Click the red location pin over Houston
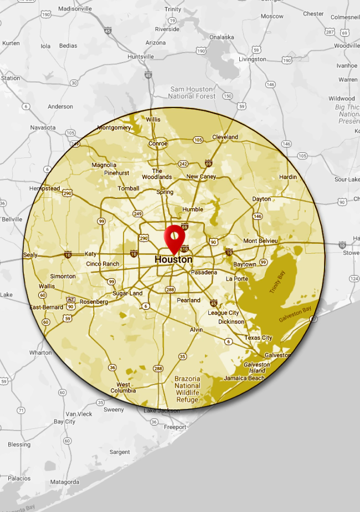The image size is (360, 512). (x=174, y=238)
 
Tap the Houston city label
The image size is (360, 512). (x=173, y=259)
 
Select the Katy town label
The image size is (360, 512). (x=90, y=254)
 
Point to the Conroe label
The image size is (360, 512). (x=158, y=144)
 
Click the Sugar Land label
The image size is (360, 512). (x=127, y=293)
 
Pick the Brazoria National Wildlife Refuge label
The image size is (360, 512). (x=187, y=390)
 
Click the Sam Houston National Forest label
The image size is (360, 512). (x=192, y=93)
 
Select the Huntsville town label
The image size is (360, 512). (x=141, y=57)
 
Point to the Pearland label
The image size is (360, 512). (x=189, y=300)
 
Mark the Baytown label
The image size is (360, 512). (x=245, y=264)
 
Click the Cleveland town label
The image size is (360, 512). (x=225, y=137)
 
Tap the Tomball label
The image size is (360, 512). (x=128, y=188)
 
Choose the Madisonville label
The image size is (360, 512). (x=75, y=9)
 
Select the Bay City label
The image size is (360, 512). (x=64, y=422)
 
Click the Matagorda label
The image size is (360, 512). (x=65, y=482)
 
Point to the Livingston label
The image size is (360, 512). (x=253, y=59)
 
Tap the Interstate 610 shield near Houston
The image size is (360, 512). (x=184, y=249)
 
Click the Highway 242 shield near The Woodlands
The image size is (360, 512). (x=183, y=164)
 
